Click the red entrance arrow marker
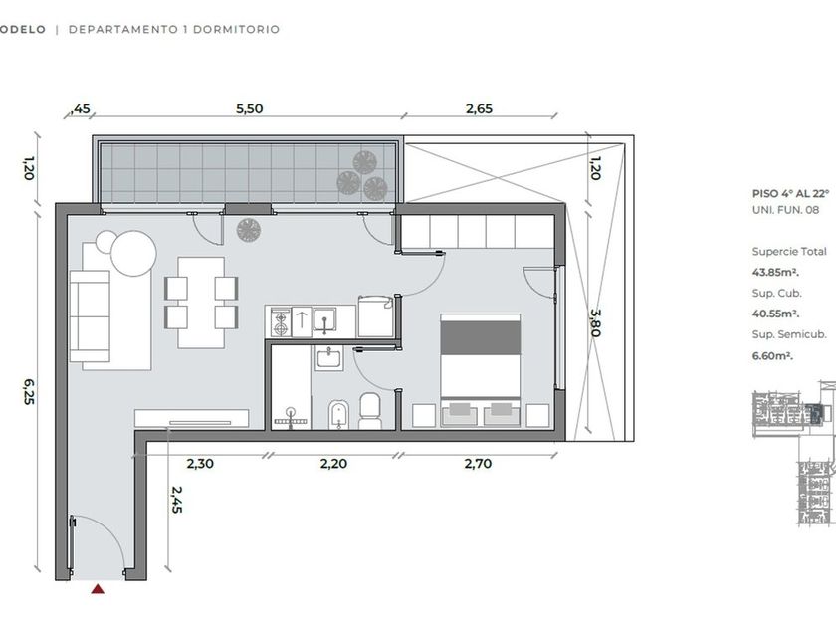98,589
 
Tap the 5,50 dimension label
250,108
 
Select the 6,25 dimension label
29,392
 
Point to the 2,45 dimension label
177,500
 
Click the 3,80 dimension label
595,323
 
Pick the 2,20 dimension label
333,464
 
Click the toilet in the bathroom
369,411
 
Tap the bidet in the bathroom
338,414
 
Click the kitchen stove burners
280,322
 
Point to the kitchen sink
324,320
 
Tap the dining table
201,303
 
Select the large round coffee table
133,253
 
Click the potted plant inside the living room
249,230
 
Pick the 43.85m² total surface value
775,272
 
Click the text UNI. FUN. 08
785,210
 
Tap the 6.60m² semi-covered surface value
772,355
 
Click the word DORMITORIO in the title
236,29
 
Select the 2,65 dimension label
480,108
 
